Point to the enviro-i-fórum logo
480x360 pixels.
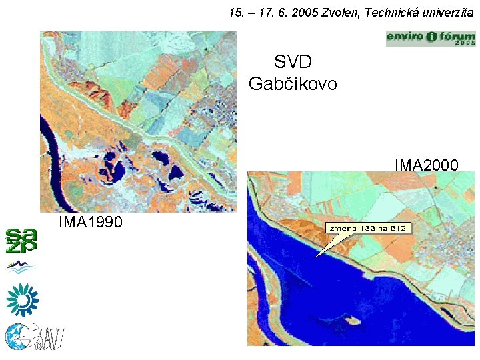[x=431, y=38]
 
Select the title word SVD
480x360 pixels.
[x=293, y=63]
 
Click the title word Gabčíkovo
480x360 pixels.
[x=293, y=84]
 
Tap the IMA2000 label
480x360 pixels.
[x=426, y=164]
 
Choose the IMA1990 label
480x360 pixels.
[x=90, y=221]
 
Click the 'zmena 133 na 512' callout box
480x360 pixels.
[x=369, y=228]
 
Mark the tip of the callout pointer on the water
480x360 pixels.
[x=315, y=257]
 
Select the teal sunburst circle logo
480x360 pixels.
[x=22, y=299]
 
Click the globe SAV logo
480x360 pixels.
[x=33, y=337]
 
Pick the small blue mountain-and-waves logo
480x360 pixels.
[x=21, y=267]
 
